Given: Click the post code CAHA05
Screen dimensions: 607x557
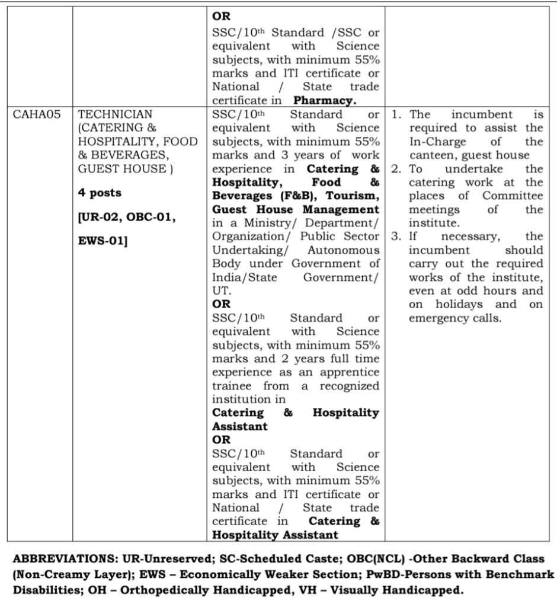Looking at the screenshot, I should click(x=37, y=114).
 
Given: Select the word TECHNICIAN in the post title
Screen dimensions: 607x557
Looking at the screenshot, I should click(x=115, y=114).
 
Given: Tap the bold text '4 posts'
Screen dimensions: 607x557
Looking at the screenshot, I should click(x=100, y=193).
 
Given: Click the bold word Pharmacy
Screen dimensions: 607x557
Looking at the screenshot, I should click(x=325, y=100).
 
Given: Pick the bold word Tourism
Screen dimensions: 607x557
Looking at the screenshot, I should click(x=354, y=196).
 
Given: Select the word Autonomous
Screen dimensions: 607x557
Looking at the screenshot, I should click(x=344, y=250).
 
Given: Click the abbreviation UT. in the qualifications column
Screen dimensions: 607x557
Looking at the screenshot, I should click(x=222, y=291).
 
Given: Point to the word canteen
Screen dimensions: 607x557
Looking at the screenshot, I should click(x=430, y=155).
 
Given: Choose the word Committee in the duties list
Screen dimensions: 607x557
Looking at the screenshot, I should click(x=513, y=196).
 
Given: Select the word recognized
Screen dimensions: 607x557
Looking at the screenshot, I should click(x=350, y=386).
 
